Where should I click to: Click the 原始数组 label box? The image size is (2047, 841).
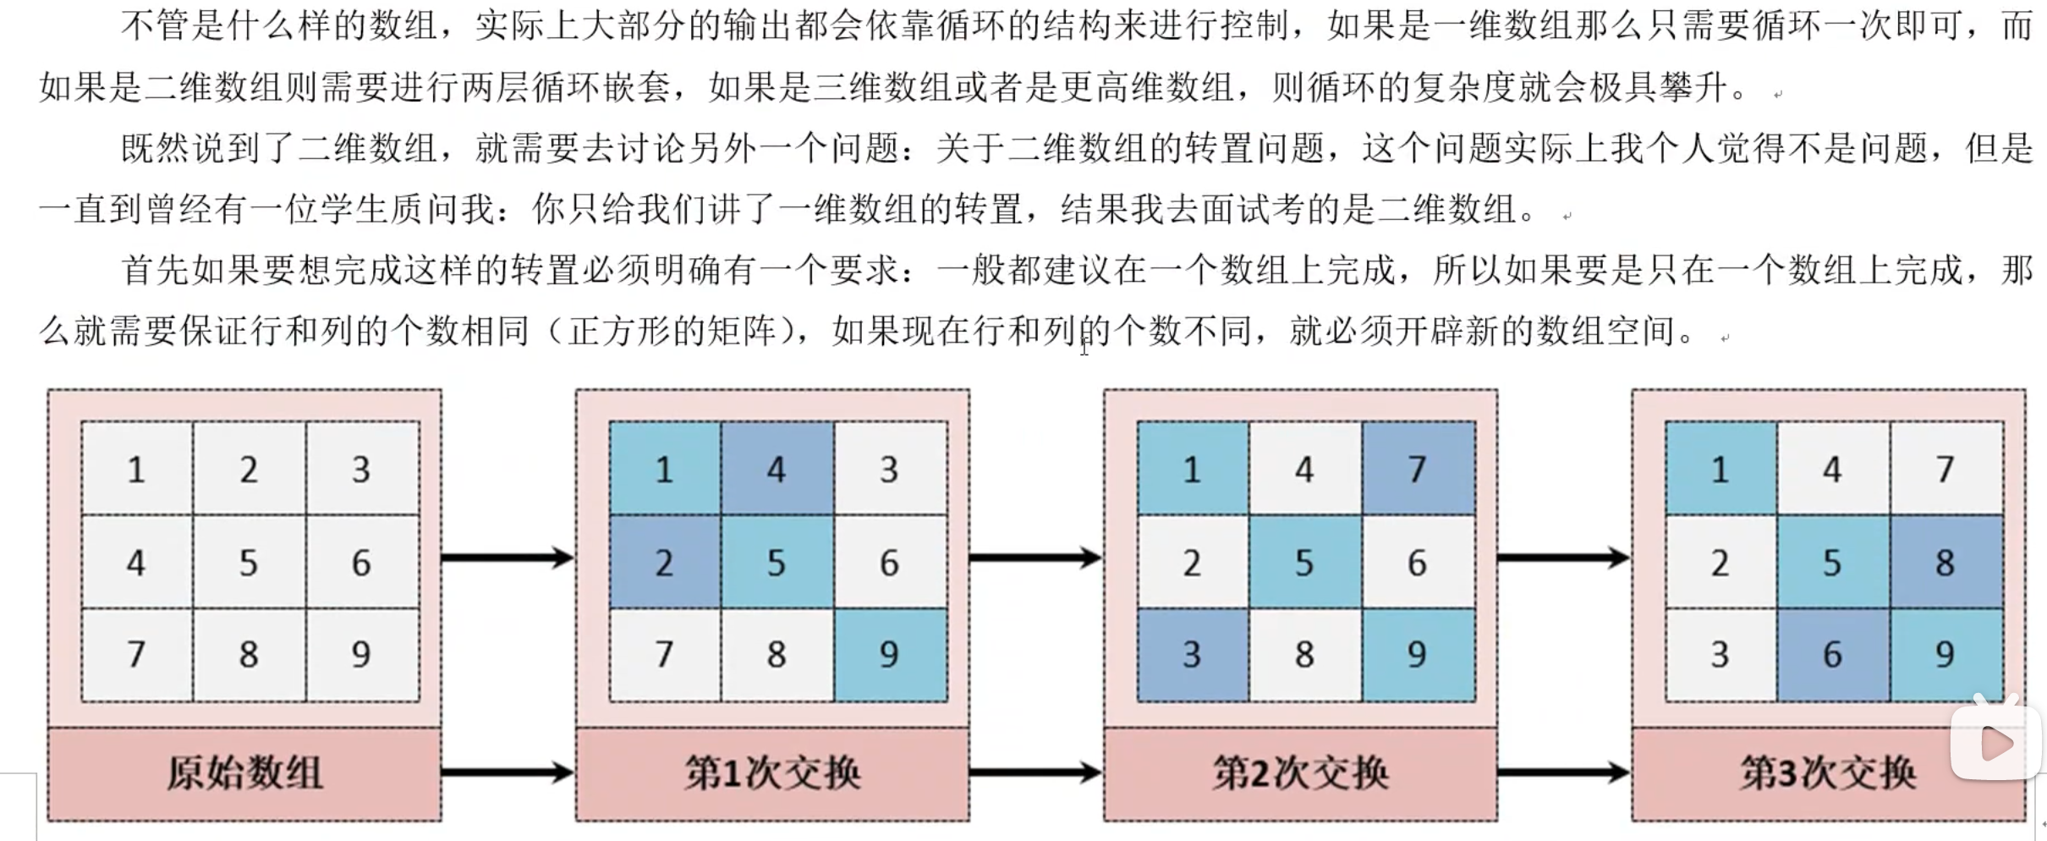click(244, 773)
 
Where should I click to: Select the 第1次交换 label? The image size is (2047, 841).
click(772, 773)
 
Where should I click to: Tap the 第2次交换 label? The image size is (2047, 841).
click(1300, 773)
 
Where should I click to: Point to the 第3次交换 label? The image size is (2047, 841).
click(1828, 773)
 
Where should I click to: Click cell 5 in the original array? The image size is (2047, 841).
click(249, 562)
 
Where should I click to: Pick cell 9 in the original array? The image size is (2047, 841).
click(362, 654)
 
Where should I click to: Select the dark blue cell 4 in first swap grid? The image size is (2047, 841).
click(777, 469)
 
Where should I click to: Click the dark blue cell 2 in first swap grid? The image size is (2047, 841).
click(664, 562)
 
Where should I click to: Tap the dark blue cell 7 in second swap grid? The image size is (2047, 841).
click(1418, 469)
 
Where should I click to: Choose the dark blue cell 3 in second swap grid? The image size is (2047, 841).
click(1192, 654)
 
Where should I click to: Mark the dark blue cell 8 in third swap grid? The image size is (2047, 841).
click(1945, 562)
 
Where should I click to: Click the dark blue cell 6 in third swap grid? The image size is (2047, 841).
click(1832, 654)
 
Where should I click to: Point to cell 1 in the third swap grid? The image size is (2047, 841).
click(1720, 469)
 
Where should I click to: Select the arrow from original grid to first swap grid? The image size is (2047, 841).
click(508, 558)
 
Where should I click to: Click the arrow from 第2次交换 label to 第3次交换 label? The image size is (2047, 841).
click(1563, 772)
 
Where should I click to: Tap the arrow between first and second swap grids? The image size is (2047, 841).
click(1035, 558)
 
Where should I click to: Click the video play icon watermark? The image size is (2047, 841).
click(1996, 743)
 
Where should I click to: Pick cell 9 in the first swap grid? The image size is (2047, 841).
click(890, 654)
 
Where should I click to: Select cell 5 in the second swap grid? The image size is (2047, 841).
click(1304, 562)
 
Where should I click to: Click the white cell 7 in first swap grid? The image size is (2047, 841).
click(664, 654)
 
